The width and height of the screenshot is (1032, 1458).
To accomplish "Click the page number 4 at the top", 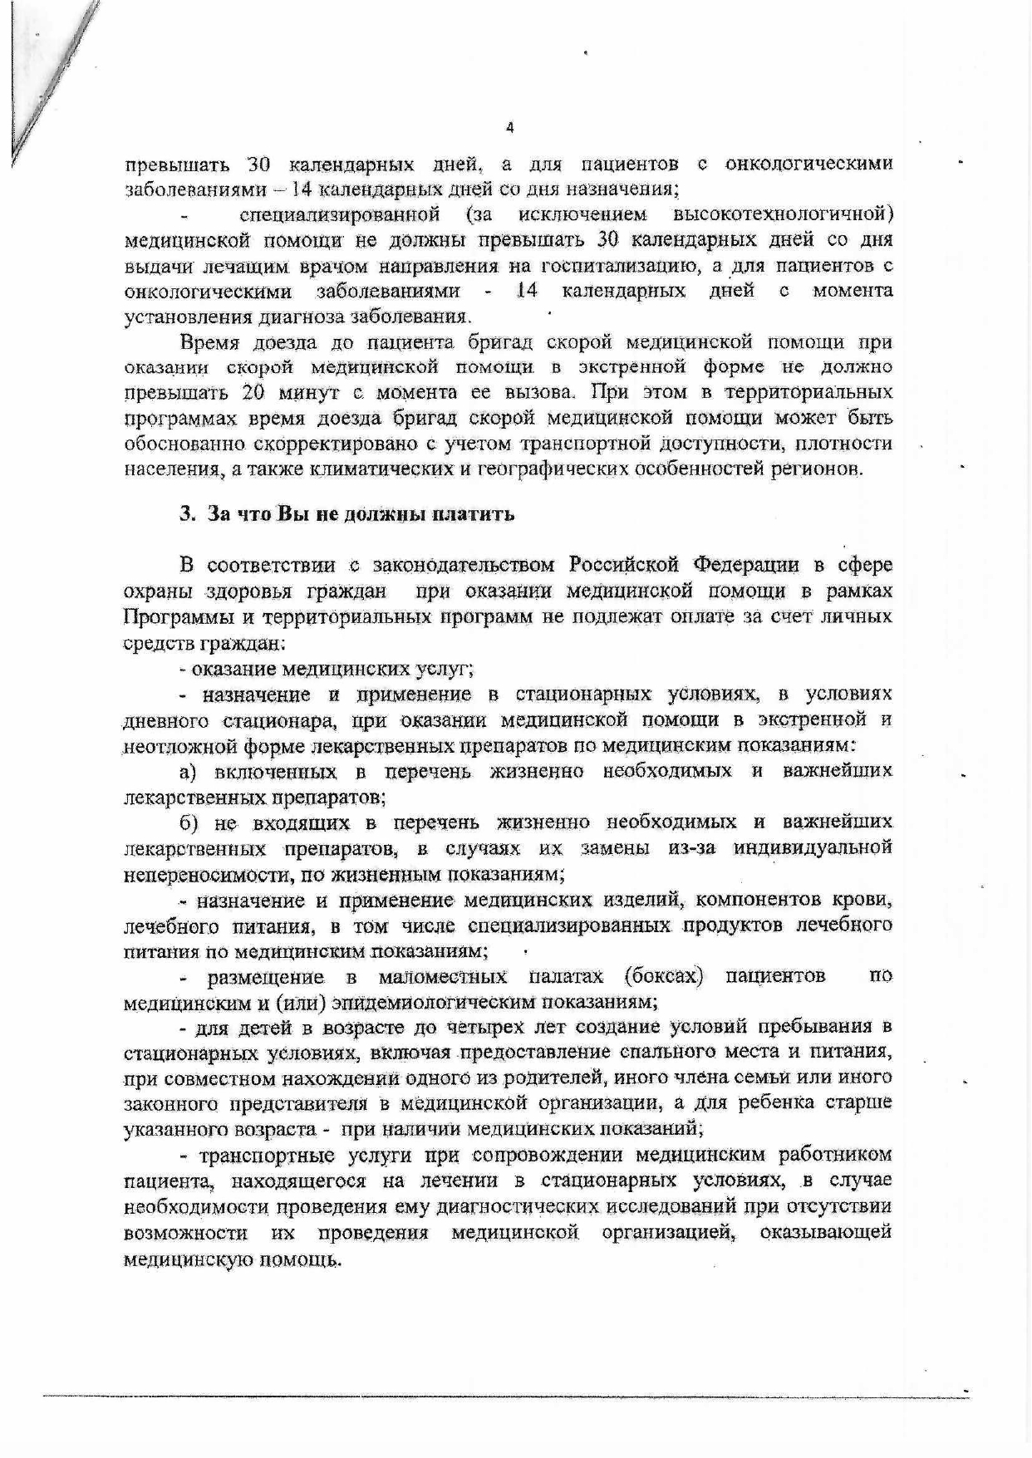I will (510, 128).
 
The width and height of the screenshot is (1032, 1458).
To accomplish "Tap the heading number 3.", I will (185, 514).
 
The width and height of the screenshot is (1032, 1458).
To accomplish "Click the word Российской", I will (625, 566).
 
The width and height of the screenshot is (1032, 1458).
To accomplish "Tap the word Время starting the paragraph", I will (209, 342).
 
